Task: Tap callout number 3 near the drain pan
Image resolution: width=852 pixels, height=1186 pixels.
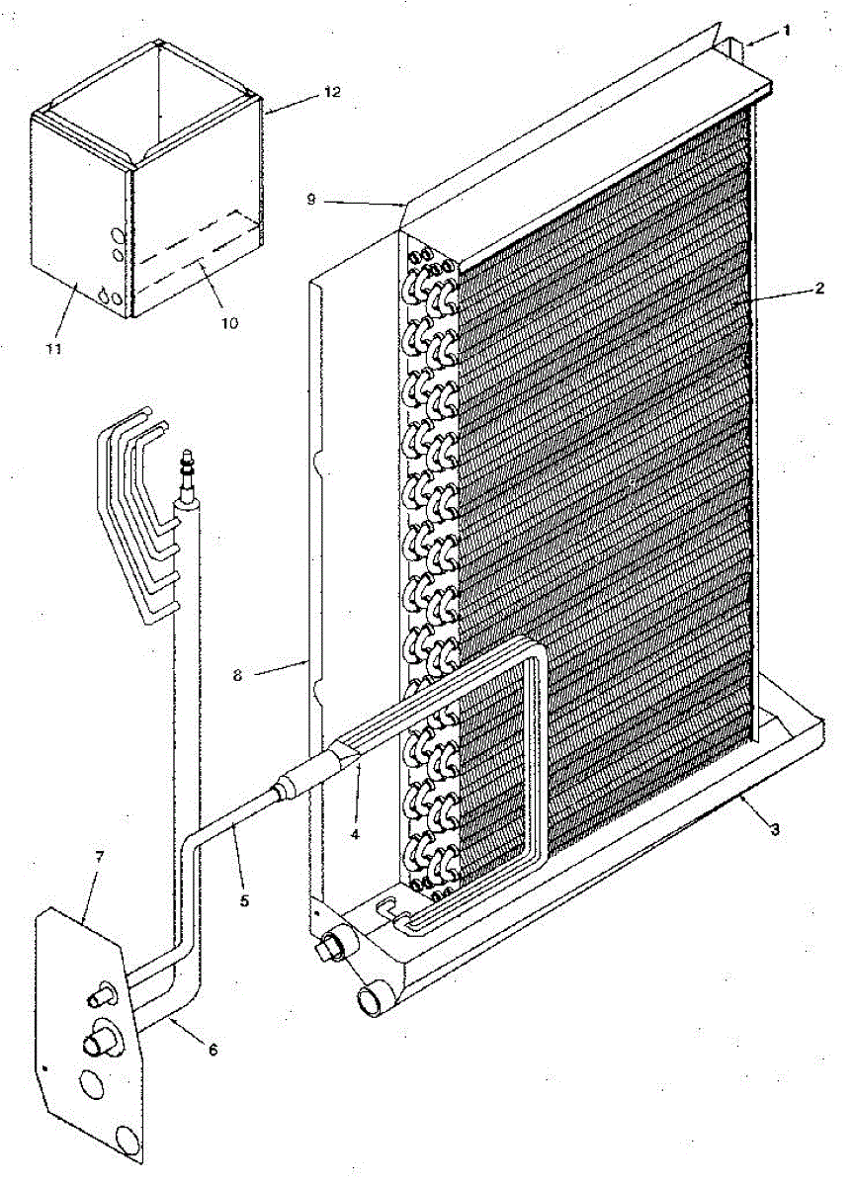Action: [774, 829]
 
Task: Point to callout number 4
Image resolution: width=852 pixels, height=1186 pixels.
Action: [357, 832]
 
